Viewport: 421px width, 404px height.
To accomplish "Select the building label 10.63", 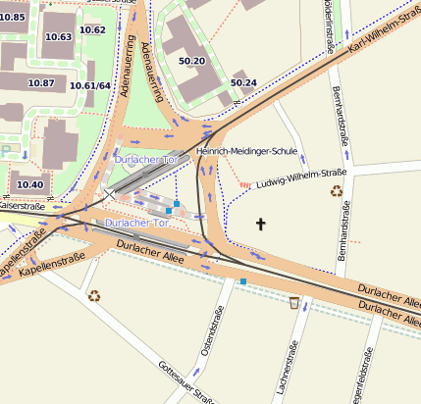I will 59,37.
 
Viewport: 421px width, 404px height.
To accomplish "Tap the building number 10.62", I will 93,29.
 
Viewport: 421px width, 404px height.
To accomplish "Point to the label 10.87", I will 41,83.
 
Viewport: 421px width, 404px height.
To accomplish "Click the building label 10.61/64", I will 90,86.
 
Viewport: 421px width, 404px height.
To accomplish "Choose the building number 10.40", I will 29,184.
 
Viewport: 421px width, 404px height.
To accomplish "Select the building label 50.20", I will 191,61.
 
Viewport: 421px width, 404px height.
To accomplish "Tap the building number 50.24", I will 242,82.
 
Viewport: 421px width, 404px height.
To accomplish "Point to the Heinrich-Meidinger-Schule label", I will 246,152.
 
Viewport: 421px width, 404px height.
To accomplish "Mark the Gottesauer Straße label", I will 186,381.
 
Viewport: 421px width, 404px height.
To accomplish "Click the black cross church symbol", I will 261,225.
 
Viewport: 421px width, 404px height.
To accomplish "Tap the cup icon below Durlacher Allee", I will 293,302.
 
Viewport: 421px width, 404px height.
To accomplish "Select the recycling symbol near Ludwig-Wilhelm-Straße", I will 337,191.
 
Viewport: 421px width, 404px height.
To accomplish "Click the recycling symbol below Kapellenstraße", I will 94,293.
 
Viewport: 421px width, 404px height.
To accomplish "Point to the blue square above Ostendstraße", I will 242,281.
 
